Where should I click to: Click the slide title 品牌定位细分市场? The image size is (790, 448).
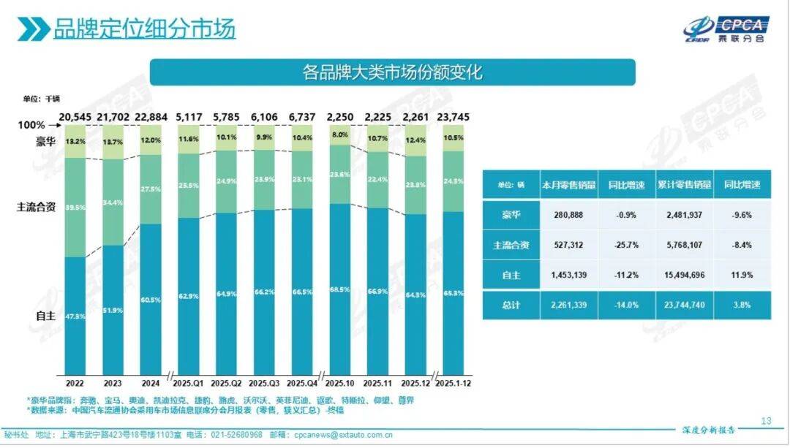tap(144, 29)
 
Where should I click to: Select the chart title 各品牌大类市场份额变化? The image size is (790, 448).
tap(392, 73)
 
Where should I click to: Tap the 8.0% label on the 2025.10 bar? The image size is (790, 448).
tap(339, 135)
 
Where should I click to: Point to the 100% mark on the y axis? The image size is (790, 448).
tap(31, 126)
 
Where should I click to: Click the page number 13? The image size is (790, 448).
tap(766, 420)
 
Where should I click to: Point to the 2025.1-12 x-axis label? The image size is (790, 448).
tap(454, 382)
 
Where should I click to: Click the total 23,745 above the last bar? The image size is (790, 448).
tap(454, 117)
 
